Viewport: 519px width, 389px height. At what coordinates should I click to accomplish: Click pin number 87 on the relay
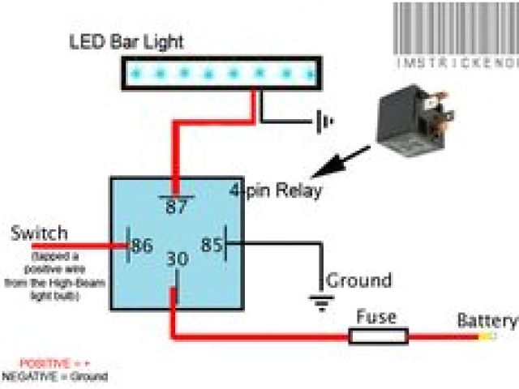pos(177,206)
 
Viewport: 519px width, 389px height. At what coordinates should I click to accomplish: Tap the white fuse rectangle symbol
pos(379,334)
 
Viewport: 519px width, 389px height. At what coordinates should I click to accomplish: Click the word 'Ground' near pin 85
pos(358,281)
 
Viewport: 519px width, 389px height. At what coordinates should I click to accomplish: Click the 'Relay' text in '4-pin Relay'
pos(297,193)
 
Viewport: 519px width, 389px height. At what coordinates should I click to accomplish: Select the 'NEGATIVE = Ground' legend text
pos(55,376)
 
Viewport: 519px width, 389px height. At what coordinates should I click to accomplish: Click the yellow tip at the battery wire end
pos(487,336)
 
